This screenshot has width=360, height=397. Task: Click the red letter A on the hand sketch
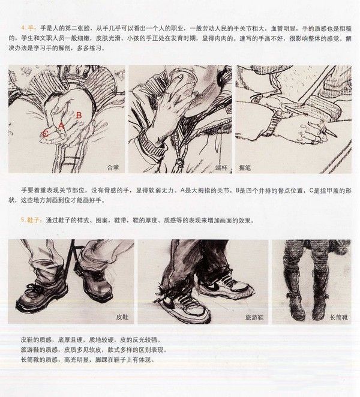pos(61,126)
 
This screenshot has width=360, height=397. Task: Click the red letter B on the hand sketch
pos(79,115)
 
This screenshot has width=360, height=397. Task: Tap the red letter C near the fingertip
pos(46,133)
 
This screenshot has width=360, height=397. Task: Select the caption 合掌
pos(113,167)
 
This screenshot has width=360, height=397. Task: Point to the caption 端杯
pos(221,167)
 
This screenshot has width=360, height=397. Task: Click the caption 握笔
pos(245,167)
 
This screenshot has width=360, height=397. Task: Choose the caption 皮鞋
pos(122,317)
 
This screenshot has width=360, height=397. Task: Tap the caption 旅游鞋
pos(254,317)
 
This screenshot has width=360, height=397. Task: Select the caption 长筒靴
pos(339,317)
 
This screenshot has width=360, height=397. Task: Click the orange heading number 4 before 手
pos(23,28)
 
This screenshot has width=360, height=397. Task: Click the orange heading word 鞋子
pos(33,220)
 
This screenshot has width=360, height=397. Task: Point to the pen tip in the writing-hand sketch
pos(335,136)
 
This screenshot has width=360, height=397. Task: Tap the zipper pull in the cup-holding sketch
pos(179,161)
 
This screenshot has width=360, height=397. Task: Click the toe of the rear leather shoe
pos(103,293)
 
